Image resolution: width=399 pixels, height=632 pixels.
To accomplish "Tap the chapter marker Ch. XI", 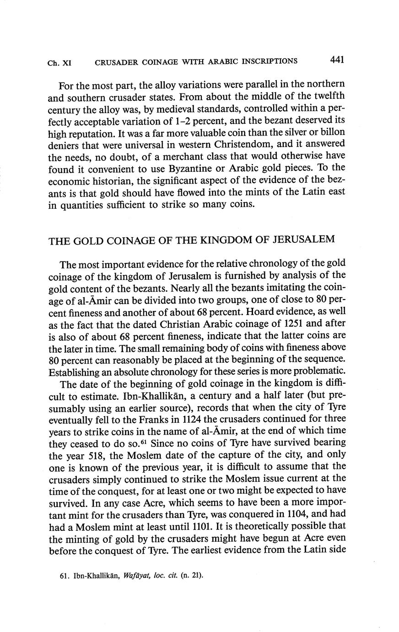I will click(59, 63).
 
